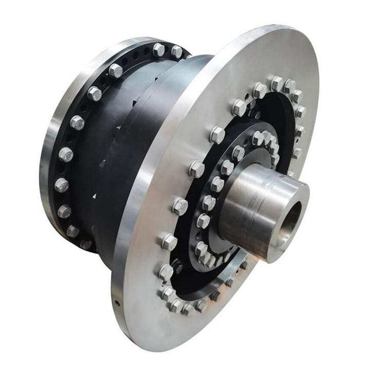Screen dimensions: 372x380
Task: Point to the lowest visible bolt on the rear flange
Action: (x=73, y=231)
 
